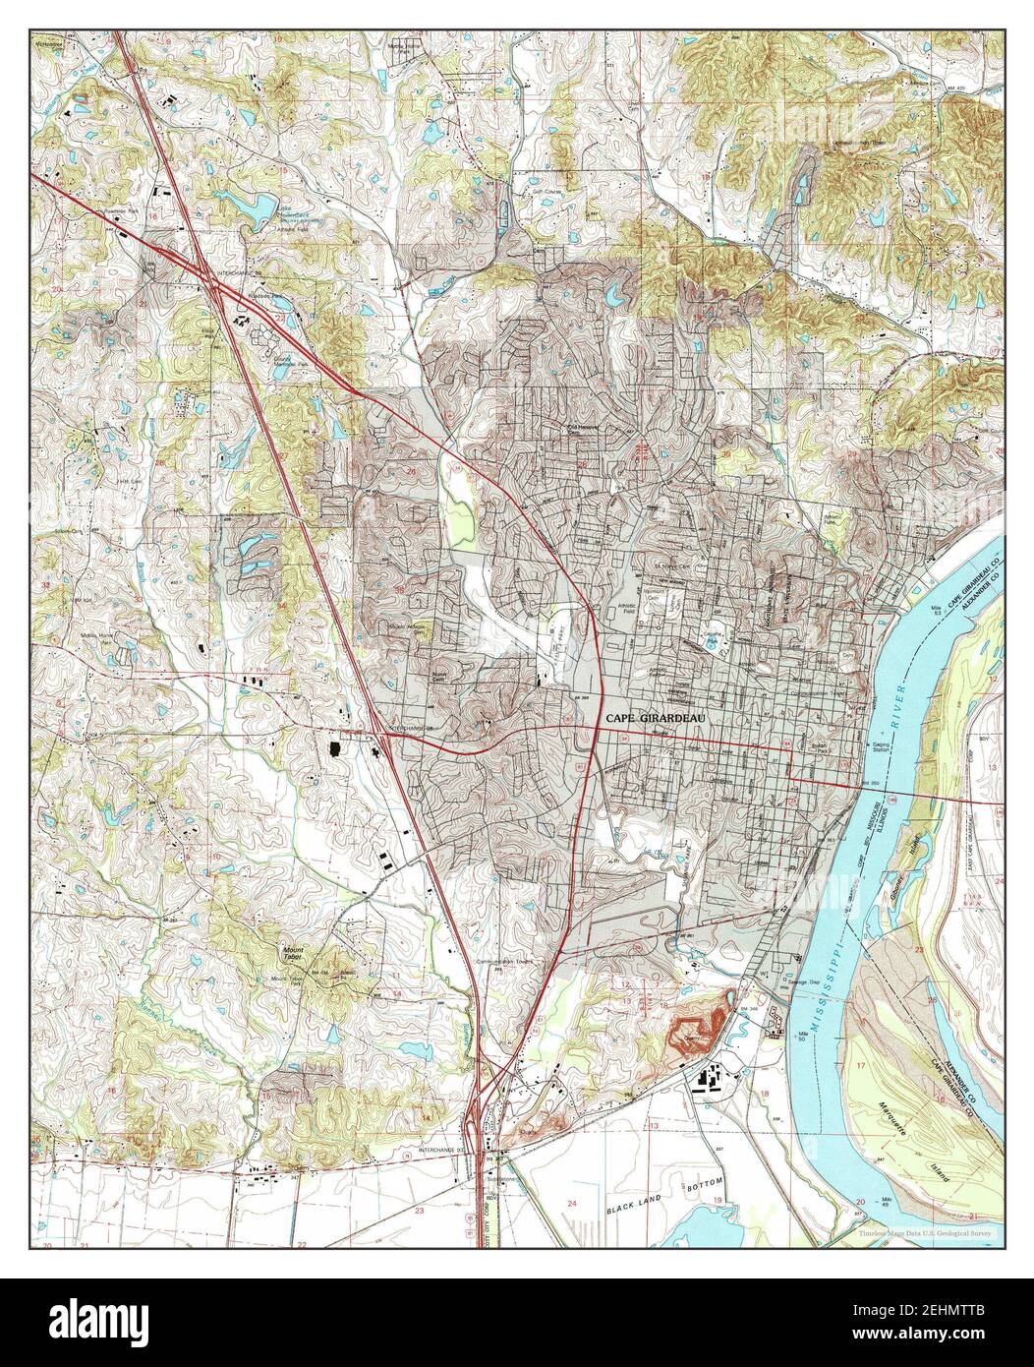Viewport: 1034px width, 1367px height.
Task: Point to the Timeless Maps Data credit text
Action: (925, 1232)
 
